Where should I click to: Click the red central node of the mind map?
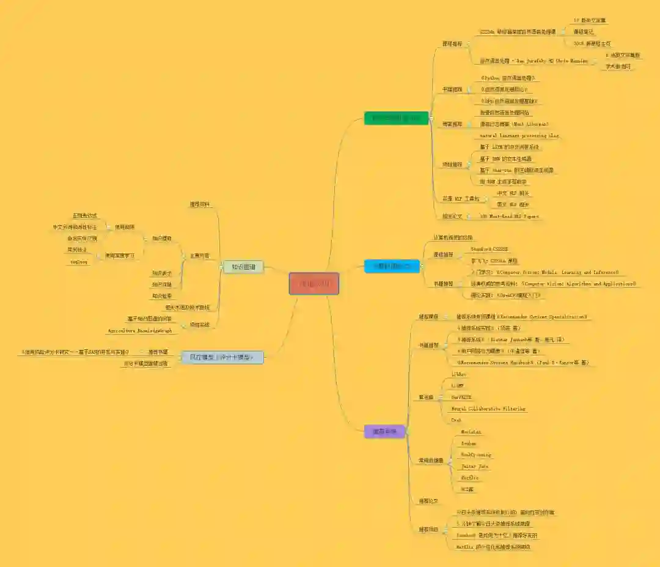(x=314, y=284)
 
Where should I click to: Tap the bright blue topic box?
(x=392, y=266)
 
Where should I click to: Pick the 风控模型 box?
(x=222, y=357)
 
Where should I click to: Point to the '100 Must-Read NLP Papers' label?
(x=508, y=217)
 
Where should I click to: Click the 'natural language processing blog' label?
(x=519, y=136)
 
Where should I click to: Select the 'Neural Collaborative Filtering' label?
(x=488, y=409)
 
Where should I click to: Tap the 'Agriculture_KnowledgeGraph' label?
(x=140, y=331)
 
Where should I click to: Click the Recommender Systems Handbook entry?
(x=522, y=363)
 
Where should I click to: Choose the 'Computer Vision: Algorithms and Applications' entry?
(x=553, y=284)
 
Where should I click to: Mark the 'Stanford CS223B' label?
(x=489, y=250)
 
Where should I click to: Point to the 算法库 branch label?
(x=426, y=398)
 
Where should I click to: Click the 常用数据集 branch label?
(x=431, y=461)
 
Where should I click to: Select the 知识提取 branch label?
(x=161, y=239)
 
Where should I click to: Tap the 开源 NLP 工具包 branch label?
(x=460, y=199)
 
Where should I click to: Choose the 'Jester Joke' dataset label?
(x=475, y=466)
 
